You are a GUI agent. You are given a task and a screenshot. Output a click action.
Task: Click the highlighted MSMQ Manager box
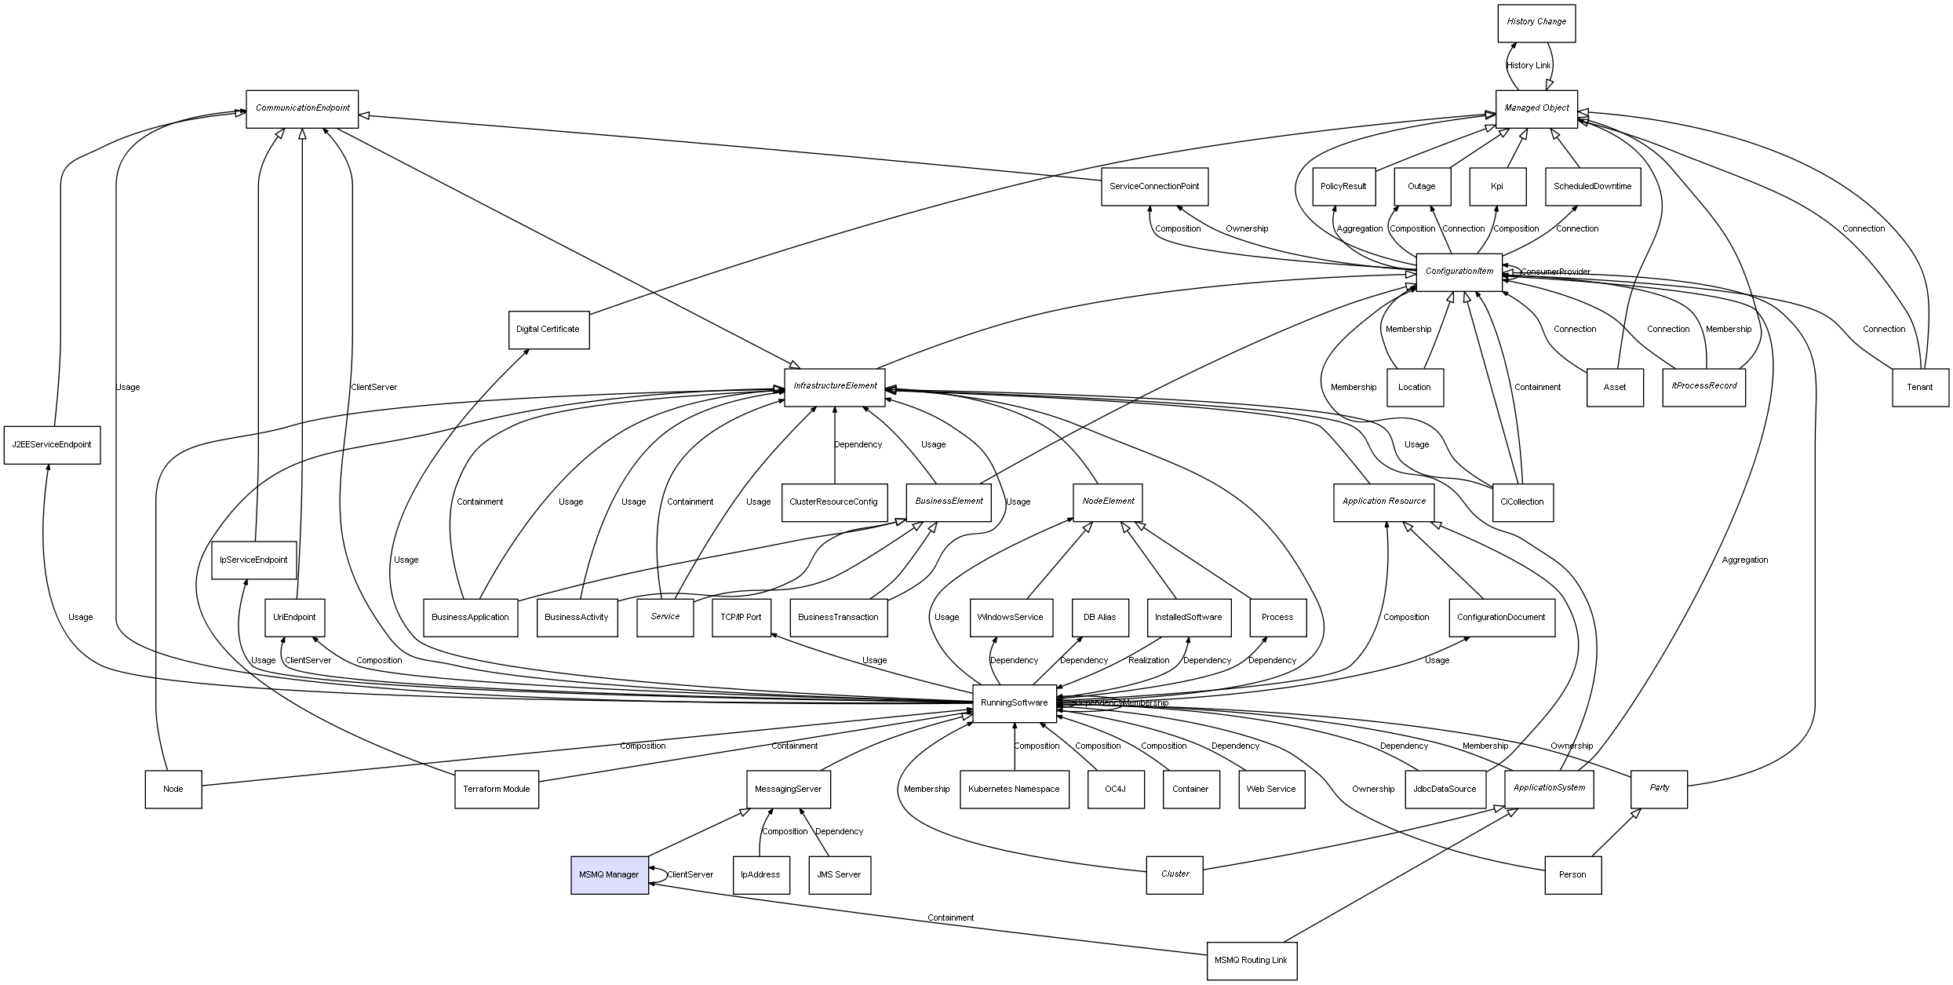(609, 874)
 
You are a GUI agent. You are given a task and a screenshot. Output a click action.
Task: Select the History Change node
(1536, 22)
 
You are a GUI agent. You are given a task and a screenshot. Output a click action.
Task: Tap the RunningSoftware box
(1014, 702)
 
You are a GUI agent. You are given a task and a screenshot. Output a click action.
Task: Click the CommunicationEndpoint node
(302, 108)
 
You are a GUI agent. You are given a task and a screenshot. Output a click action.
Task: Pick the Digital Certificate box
(548, 330)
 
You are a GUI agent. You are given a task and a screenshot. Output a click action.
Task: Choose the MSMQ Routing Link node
(1251, 960)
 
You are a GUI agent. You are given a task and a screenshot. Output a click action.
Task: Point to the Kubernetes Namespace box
(1014, 789)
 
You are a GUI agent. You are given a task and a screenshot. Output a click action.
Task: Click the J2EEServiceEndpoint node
(52, 444)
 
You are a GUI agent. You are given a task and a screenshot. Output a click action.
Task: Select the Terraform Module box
(496, 789)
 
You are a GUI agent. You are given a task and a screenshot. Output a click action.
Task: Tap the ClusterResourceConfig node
(833, 502)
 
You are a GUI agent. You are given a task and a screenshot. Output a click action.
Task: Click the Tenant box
(1919, 387)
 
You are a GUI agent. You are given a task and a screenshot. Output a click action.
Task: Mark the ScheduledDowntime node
(1592, 187)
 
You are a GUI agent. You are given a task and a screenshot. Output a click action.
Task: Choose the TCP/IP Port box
(741, 617)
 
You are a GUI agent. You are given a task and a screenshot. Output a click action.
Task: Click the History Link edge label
(1529, 65)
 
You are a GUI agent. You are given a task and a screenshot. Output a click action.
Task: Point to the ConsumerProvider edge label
(1555, 272)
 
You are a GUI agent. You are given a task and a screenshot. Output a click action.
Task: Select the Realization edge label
(1149, 660)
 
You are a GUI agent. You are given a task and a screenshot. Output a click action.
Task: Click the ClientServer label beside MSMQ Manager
(690, 874)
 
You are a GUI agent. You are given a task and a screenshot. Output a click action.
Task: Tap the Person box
(1572, 874)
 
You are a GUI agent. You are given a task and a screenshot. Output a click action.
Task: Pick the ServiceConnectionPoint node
(1153, 187)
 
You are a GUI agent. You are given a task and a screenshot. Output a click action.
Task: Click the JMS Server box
(839, 874)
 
